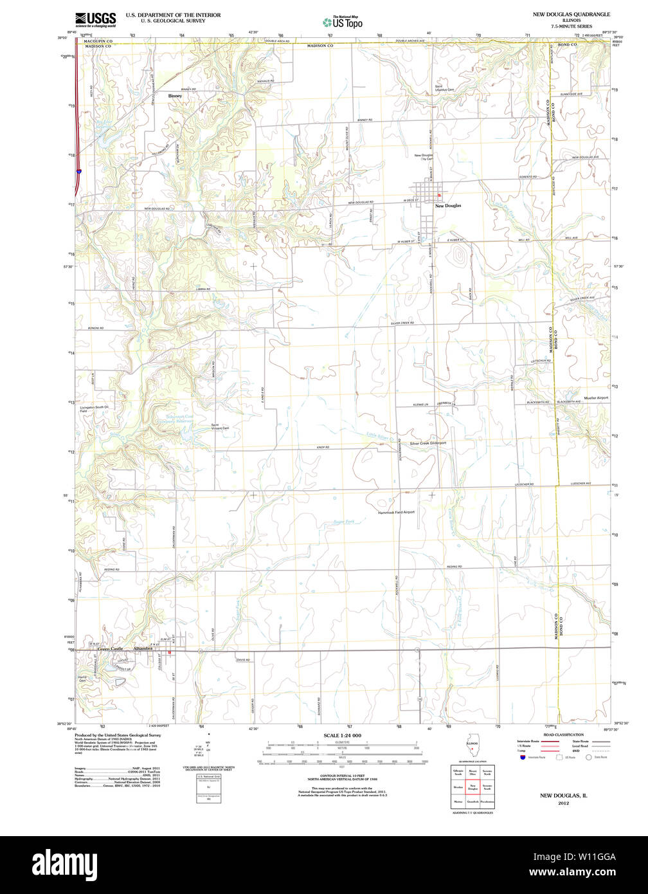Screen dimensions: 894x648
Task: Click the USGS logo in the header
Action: (95, 19)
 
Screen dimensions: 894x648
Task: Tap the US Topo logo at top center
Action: (343, 22)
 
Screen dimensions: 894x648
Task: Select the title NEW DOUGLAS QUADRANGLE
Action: (571, 14)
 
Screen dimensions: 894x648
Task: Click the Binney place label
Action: (175, 96)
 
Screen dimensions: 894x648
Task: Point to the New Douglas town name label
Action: (448, 206)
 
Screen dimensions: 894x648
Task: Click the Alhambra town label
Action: (142, 649)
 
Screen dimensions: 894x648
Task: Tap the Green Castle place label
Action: (110, 649)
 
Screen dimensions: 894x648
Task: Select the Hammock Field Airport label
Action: (396, 512)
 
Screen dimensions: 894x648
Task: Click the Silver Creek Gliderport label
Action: (428, 443)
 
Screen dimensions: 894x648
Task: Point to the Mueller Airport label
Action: (595, 398)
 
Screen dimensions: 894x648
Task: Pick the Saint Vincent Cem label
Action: (220, 426)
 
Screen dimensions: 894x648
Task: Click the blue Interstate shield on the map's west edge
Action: (78, 172)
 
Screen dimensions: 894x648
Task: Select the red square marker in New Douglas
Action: (440, 195)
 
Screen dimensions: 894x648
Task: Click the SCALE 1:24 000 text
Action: (342, 735)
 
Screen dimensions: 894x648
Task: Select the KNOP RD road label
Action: (323, 447)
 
